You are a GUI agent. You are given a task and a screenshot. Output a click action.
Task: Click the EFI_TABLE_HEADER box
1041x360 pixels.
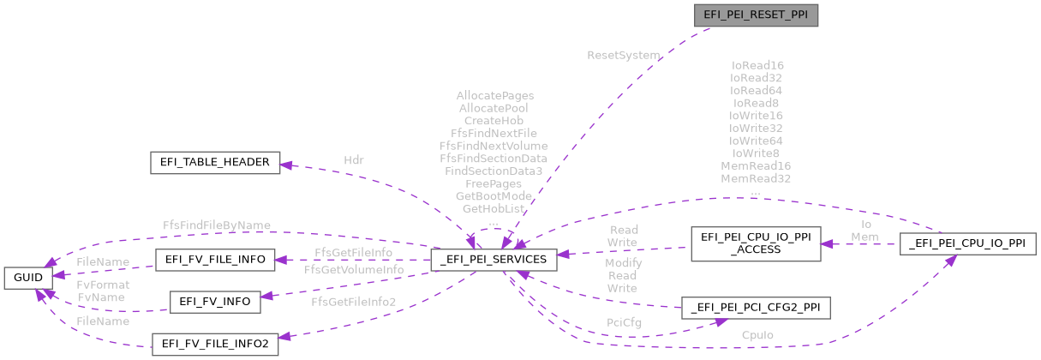click(215, 162)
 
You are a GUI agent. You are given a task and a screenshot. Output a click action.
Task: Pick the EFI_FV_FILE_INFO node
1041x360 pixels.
click(215, 258)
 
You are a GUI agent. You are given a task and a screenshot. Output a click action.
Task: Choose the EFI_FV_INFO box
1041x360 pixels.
click(215, 301)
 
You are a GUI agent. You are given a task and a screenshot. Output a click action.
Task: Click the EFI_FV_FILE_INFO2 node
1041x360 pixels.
click(215, 345)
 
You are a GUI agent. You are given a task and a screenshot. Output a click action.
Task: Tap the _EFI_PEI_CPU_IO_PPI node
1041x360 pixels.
click(969, 243)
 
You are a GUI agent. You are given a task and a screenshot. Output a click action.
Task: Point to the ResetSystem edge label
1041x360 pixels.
click(623, 55)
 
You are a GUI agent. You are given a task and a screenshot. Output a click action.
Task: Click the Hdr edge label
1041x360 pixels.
click(354, 159)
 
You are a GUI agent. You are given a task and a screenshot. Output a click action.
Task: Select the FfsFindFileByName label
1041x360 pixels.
click(217, 225)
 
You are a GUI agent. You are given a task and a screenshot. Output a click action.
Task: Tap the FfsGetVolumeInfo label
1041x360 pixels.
click(354, 269)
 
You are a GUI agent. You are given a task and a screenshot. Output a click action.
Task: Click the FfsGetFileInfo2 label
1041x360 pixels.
click(354, 301)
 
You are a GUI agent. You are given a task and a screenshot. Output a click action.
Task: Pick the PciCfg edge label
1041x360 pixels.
click(623, 322)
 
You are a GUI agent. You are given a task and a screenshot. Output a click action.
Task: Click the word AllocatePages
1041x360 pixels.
click(494, 96)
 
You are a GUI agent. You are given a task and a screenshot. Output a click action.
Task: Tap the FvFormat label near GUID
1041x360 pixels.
click(103, 284)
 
